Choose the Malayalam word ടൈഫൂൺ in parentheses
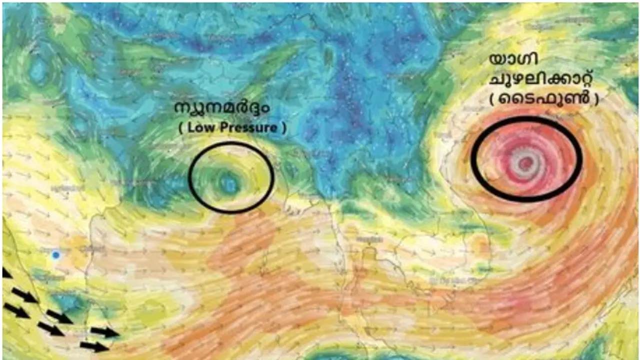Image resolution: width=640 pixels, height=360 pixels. (x=544, y=99)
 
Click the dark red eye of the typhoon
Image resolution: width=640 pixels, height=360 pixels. (x=525, y=163)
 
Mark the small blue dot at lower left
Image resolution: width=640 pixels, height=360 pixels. (x=56, y=255)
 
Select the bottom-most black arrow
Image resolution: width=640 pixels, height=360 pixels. (x=94, y=346)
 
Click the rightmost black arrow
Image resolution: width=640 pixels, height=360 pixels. (x=105, y=332)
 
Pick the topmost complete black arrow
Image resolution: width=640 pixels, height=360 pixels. (x=24, y=295)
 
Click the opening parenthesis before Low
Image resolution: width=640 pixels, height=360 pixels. (x=180, y=128)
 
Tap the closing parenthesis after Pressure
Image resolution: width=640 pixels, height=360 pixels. (x=284, y=128)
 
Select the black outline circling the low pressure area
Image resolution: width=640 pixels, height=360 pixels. (x=190, y=177)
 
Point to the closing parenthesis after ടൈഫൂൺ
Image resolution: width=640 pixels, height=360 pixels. (x=596, y=99)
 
